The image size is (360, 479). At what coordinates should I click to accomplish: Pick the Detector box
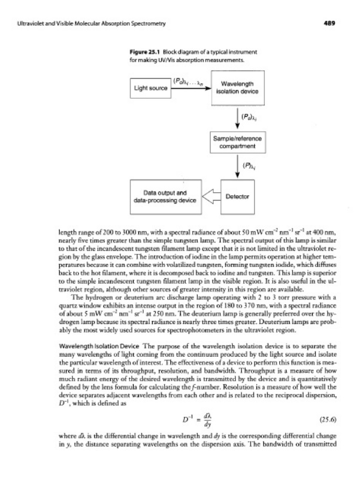pos(238,195)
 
